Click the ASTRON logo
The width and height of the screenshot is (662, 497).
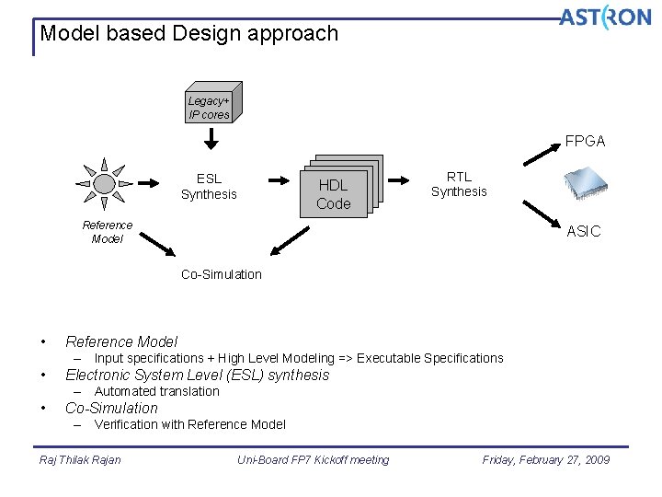tap(604, 17)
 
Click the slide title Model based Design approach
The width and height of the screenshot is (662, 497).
tap(189, 34)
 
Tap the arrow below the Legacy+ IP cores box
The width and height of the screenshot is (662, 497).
tap(211, 140)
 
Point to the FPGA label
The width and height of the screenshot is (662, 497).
tap(585, 142)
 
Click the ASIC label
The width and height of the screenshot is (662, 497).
tap(584, 232)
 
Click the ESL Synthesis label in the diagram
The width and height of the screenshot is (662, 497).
tap(209, 187)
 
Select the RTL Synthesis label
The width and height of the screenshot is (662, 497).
tap(459, 184)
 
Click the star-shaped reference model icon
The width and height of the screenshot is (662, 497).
tap(104, 184)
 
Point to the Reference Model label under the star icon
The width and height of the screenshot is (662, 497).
tap(108, 232)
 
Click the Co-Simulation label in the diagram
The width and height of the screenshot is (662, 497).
tap(222, 274)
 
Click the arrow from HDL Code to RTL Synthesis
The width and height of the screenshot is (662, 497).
tap(398, 181)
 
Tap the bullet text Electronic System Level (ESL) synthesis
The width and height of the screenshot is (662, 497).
tap(197, 375)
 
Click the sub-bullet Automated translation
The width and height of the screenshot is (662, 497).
tap(157, 391)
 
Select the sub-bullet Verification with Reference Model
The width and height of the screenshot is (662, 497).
tap(189, 424)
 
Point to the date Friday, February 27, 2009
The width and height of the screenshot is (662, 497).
tap(546, 460)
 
